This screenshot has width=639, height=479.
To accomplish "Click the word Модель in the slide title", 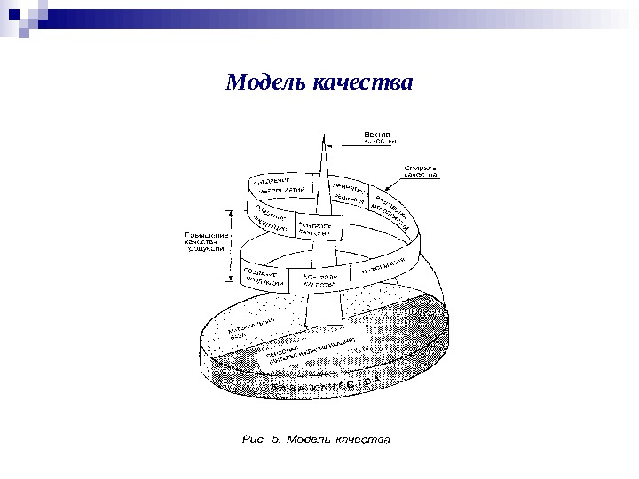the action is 265,82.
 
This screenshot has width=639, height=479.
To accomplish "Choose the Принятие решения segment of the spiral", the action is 351,192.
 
